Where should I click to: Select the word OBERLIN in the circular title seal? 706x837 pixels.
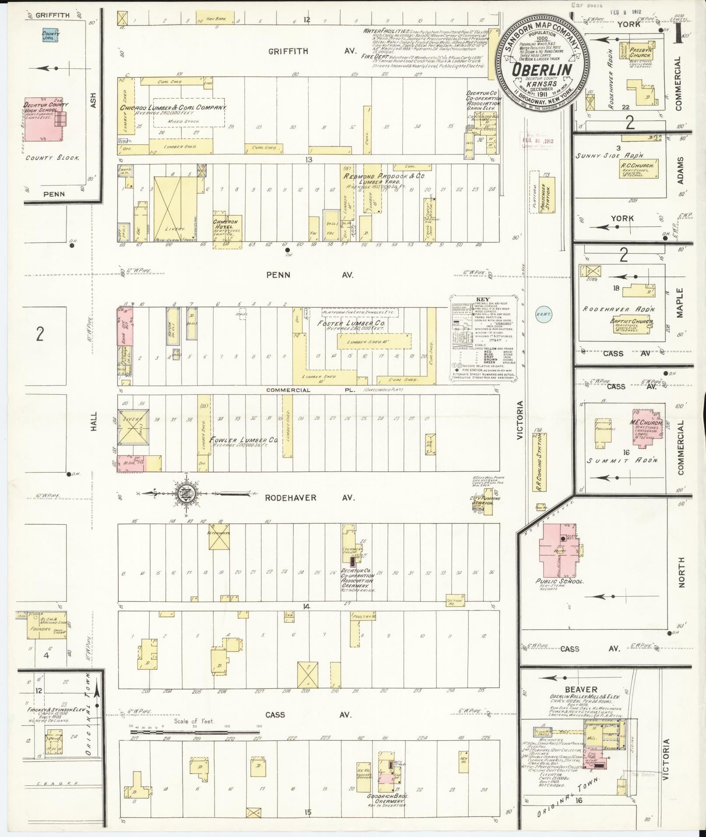pos(543,70)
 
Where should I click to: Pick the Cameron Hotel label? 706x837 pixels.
pos(226,222)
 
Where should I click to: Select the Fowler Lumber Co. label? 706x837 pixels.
pos(244,439)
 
